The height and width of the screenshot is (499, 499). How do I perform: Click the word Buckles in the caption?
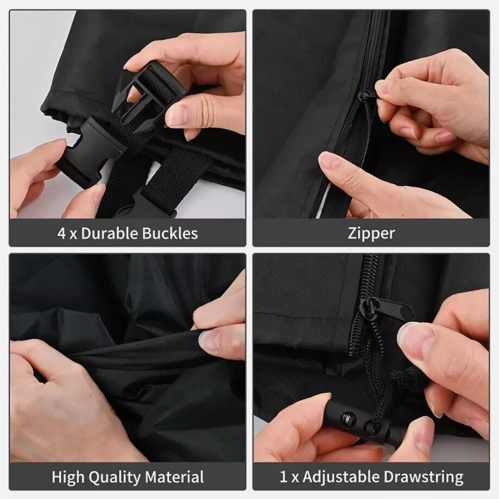coord(169,233)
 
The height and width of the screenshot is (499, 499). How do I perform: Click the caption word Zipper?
coord(371,234)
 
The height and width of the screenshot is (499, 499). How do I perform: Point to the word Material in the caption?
coord(174,477)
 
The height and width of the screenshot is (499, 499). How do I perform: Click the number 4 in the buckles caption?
coord(61,233)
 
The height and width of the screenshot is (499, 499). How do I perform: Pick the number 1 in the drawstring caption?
coord(283,477)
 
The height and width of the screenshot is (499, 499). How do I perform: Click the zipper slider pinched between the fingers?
coord(370,95)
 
